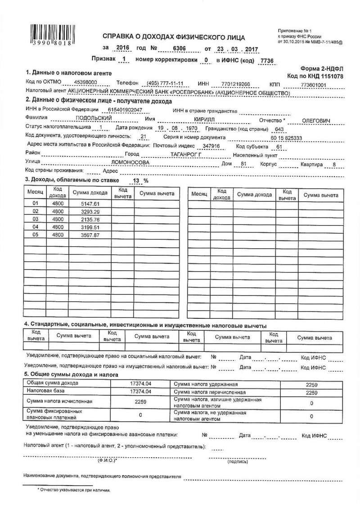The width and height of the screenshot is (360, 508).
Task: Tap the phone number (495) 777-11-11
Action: (x=161, y=84)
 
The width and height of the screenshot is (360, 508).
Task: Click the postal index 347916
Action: (x=211, y=147)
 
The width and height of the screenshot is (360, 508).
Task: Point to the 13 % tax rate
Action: (x=138, y=181)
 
